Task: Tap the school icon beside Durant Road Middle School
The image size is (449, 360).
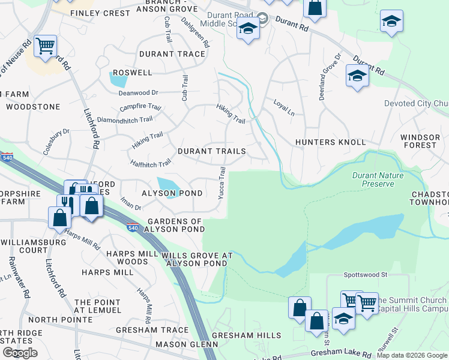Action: (248, 29)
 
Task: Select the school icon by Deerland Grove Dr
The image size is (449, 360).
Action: (357, 76)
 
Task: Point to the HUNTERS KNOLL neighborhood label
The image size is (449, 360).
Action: (330, 142)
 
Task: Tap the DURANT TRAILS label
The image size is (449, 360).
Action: (211, 151)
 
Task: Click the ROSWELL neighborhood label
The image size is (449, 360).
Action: (133, 73)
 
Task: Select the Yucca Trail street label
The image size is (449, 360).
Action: (222, 184)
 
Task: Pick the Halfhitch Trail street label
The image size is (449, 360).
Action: (151, 163)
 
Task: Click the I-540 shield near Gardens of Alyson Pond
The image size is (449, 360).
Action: (134, 227)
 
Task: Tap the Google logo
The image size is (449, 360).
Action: (20, 353)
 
